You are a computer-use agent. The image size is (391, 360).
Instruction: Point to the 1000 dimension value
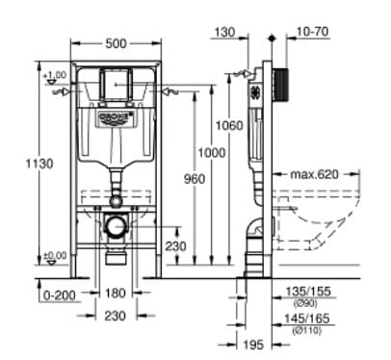[214, 154]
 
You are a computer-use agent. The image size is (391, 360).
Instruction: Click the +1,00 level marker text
[56, 74]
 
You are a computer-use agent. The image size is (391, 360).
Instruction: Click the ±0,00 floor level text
[57, 255]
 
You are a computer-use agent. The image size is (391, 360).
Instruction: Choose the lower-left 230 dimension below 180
[116, 315]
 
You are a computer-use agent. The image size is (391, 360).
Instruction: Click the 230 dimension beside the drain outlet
[175, 245]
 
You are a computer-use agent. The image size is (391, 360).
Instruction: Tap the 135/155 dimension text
[311, 289]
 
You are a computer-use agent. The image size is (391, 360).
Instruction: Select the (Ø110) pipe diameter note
[311, 329]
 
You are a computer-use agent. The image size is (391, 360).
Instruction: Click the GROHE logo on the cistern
[117, 117]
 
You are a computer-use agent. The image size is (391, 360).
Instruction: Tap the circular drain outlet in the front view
[117, 229]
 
